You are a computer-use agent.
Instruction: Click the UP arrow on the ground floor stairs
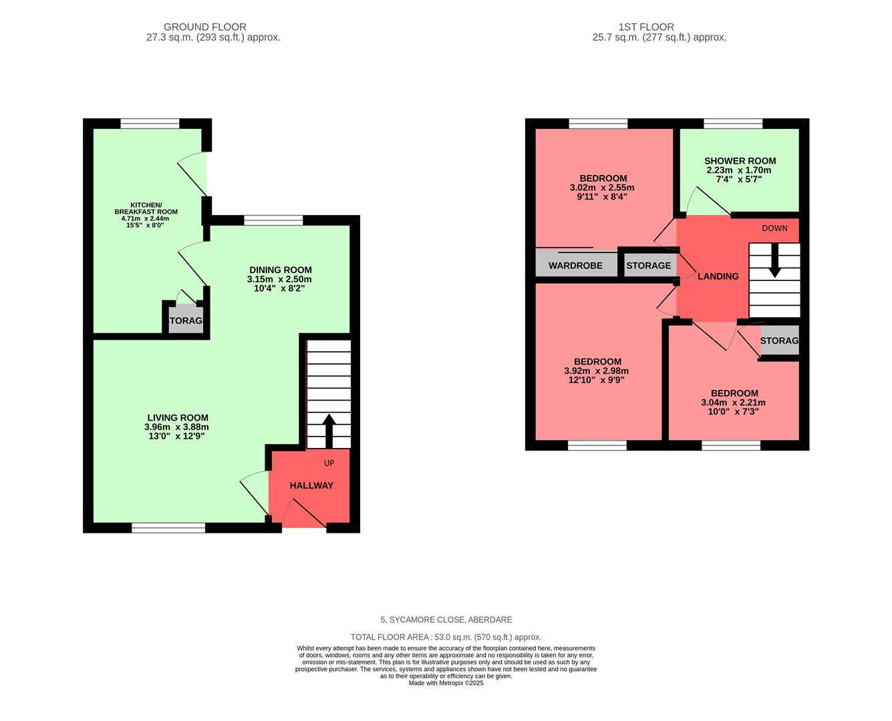click(x=329, y=431)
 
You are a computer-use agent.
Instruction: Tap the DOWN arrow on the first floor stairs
click(x=774, y=260)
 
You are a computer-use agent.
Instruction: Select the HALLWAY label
click(x=311, y=485)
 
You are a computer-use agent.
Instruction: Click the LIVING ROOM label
click(x=178, y=418)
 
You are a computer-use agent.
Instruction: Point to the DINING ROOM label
click(x=280, y=270)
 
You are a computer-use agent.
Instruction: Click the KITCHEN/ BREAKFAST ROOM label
click(x=146, y=208)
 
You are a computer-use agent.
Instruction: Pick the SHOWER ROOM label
click(x=740, y=161)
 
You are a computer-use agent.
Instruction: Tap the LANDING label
click(x=718, y=276)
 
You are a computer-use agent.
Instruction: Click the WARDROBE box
click(x=575, y=266)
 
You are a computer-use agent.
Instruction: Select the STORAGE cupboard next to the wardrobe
click(x=648, y=266)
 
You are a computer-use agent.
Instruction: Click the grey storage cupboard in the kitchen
click(x=186, y=320)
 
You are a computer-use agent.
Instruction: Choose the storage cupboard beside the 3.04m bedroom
click(x=779, y=340)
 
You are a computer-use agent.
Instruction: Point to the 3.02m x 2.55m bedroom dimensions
click(x=597, y=188)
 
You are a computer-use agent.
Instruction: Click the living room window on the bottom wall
click(x=168, y=528)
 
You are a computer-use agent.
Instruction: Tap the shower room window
click(x=733, y=124)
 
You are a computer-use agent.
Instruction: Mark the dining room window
click(x=273, y=220)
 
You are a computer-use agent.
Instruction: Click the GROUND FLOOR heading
click(x=205, y=27)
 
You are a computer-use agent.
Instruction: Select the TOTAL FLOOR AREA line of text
click(x=446, y=637)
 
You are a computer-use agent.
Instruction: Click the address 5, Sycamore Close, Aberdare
click(x=446, y=620)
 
